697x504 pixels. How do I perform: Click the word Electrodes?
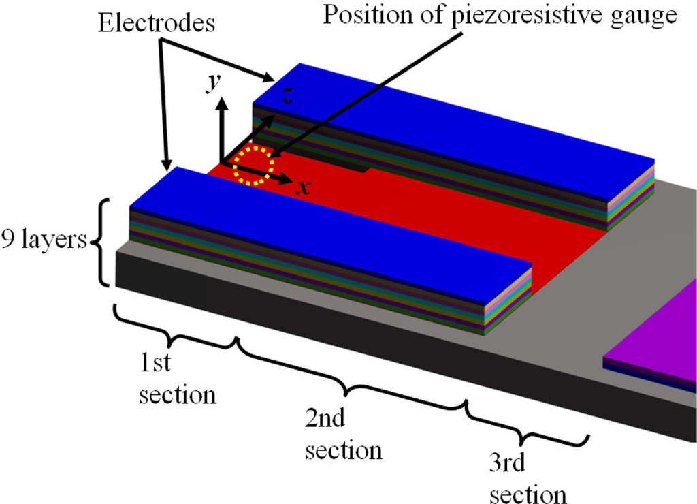[157, 23]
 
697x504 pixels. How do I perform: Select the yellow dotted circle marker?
[253, 166]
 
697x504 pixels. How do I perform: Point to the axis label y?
[213, 82]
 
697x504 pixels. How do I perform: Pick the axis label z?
[288, 97]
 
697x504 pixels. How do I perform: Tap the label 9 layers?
[44, 240]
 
